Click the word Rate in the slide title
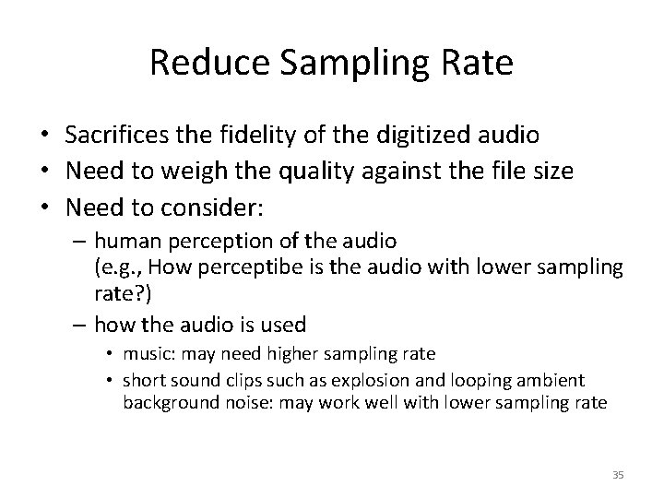click(x=480, y=63)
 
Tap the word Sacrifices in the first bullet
click(x=111, y=136)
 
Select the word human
click(x=125, y=242)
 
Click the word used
click(x=283, y=324)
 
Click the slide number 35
click(x=617, y=474)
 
